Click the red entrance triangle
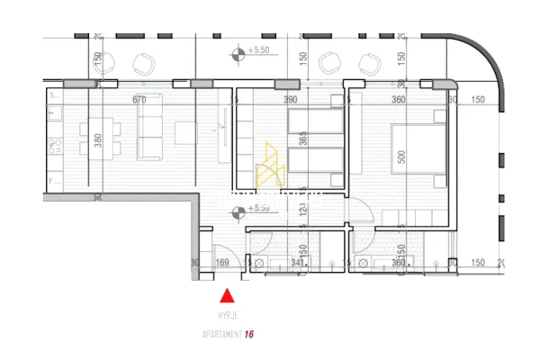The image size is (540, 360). (x=228, y=295)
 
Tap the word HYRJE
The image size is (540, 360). (x=228, y=316)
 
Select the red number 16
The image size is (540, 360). (x=249, y=334)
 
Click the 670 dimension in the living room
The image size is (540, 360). (x=139, y=100)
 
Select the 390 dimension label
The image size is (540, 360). (x=291, y=100)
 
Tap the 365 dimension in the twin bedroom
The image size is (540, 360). (x=304, y=138)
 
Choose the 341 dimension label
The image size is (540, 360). (x=298, y=263)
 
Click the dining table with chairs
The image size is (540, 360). (x=93, y=140)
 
